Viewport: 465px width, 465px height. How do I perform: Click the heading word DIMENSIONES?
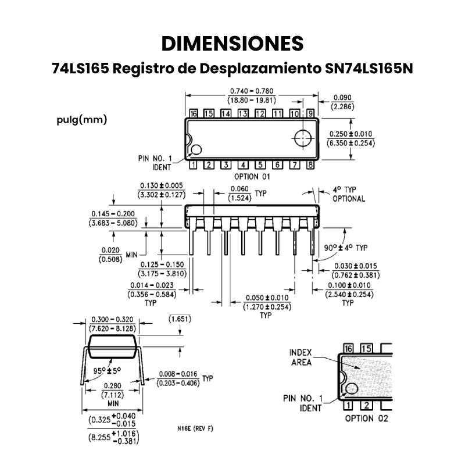pos(233,44)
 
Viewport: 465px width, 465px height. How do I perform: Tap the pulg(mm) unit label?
pos(82,120)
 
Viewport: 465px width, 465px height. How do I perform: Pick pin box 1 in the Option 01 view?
pos(193,164)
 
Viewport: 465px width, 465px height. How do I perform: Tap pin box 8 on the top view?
pos(310,164)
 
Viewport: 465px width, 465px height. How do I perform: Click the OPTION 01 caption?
pos(252,176)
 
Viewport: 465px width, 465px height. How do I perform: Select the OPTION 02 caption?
pos(366,418)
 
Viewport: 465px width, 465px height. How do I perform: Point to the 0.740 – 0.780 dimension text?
pos(252,91)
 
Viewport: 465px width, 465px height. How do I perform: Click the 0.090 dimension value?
pos(341,98)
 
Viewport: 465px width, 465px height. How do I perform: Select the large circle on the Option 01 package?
pos(303,138)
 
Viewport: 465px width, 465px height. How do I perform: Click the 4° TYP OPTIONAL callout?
pos(348,194)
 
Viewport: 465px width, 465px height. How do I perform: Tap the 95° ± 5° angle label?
pos(106,370)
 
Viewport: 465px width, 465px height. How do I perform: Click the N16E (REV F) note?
pos(195,428)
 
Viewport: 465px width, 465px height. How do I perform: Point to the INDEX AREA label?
pos(301,357)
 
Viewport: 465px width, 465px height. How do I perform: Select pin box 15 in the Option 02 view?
pos(366,348)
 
